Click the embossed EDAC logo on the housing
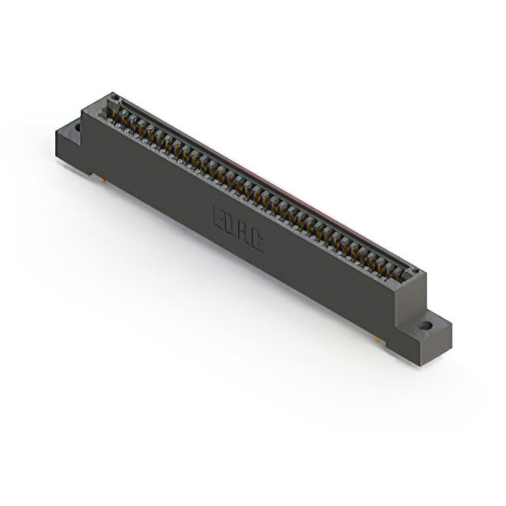click(237, 228)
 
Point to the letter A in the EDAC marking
click(243, 232)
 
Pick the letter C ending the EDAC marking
click(255, 239)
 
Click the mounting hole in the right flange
click(425, 325)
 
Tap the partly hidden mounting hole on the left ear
click(77, 125)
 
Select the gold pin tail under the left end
click(104, 181)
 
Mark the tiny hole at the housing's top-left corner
click(114, 98)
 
